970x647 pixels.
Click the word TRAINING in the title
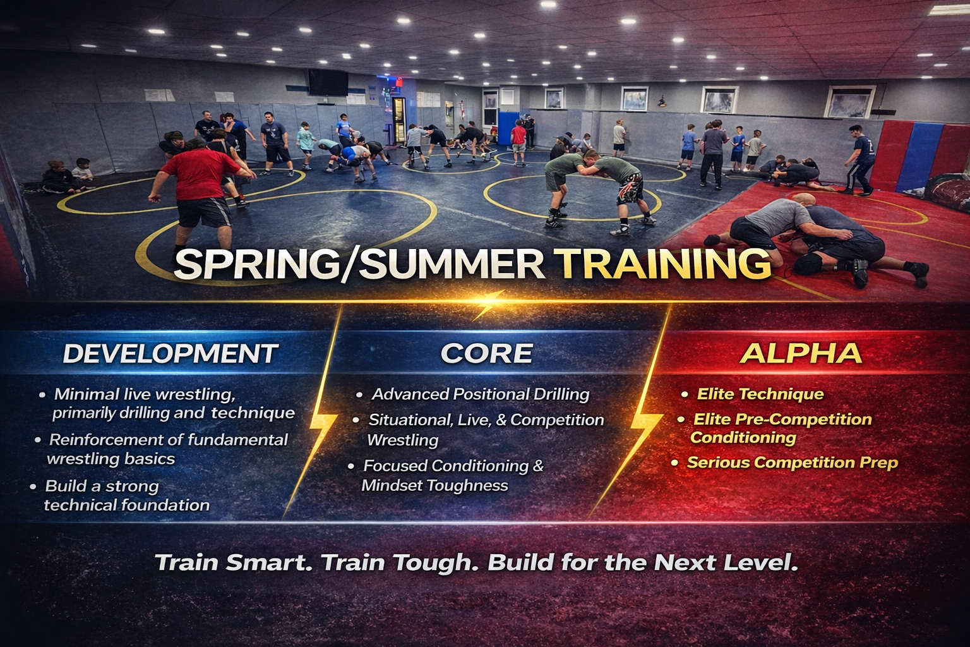(662, 263)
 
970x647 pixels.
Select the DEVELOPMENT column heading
(171, 353)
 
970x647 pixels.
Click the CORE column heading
(487, 353)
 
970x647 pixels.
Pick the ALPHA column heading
(801, 353)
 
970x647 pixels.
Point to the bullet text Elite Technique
(760, 394)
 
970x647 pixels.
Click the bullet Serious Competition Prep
(793, 463)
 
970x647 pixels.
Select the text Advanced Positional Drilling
(480, 394)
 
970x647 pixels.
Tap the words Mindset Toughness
(434, 485)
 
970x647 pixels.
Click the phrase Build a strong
(102, 487)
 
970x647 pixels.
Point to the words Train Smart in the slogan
(234, 562)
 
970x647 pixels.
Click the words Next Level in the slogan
(726, 562)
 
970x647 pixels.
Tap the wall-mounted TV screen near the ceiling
(328, 82)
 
